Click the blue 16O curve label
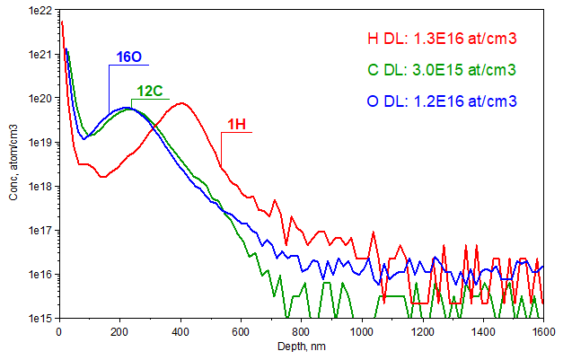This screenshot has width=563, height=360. coord(128,57)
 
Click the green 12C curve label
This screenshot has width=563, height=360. coord(150,91)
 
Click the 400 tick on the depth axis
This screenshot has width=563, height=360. coord(180,330)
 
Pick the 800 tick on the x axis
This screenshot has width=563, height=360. coord(300,330)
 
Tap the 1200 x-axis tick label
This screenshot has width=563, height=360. coord(420,330)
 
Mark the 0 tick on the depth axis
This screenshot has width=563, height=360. coord(59,330)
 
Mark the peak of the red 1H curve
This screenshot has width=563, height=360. coord(181,102)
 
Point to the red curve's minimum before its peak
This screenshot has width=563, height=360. coord(102,177)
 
